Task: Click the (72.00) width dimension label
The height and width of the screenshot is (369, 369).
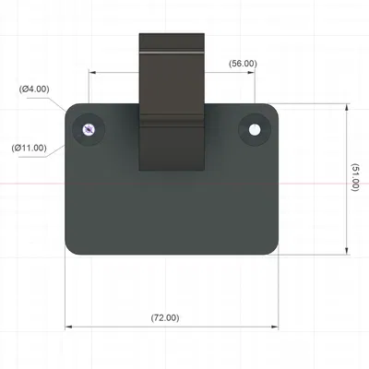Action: click(x=165, y=317)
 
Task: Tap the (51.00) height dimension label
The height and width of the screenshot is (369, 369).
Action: click(x=355, y=177)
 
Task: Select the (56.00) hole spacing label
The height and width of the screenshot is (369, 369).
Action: click(x=243, y=64)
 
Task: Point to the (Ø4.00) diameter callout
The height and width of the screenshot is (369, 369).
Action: click(x=34, y=89)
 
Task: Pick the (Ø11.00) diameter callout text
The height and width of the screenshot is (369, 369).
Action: click(x=30, y=148)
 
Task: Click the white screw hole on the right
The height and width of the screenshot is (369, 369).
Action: click(x=255, y=130)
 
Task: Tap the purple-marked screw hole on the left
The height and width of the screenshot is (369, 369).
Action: click(x=89, y=130)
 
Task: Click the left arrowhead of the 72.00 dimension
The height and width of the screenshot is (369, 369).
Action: click(x=68, y=327)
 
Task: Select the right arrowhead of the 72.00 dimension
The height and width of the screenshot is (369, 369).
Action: click(x=275, y=327)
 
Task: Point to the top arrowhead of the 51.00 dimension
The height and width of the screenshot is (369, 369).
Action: click(x=347, y=107)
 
